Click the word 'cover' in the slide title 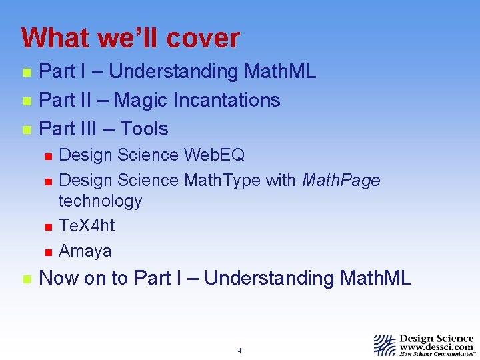pyautogui.click(x=203, y=38)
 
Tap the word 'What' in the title pyautogui.click(x=55, y=38)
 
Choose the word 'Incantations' pyautogui.click(x=227, y=100)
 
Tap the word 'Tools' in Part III pyautogui.click(x=144, y=129)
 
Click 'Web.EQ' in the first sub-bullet pyautogui.click(x=214, y=155)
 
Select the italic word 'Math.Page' pyautogui.click(x=341, y=180)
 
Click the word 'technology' pyautogui.click(x=100, y=201)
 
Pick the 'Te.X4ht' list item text pyautogui.click(x=87, y=226)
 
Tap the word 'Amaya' pyautogui.click(x=85, y=251)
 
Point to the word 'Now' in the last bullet pyautogui.click(x=60, y=278)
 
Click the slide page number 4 pyautogui.click(x=239, y=351)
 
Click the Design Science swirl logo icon pyautogui.click(x=385, y=345)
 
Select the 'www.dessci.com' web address pyautogui.click(x=436, y=347)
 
